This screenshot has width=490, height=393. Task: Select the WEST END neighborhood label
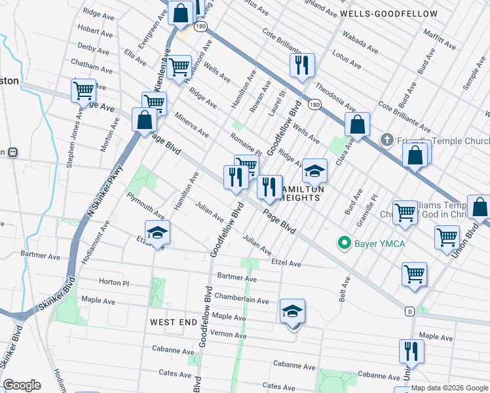pyautogui.click(x=173, y=322)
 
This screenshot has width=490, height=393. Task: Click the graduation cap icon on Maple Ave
pyautogui.click(x=293, y=312)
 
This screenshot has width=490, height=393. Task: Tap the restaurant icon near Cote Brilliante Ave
pyautogui.click(x=302, y=65)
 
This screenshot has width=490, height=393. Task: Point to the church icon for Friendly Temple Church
pyautogui.click(x=387, y=140)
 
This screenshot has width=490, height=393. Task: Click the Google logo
pyautogui.click(x=22, y=385)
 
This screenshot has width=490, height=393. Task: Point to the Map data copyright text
pyautogui.click(x=449, y=388)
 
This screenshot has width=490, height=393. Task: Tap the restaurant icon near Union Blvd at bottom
pyautogui.click(x=411, y=352)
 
